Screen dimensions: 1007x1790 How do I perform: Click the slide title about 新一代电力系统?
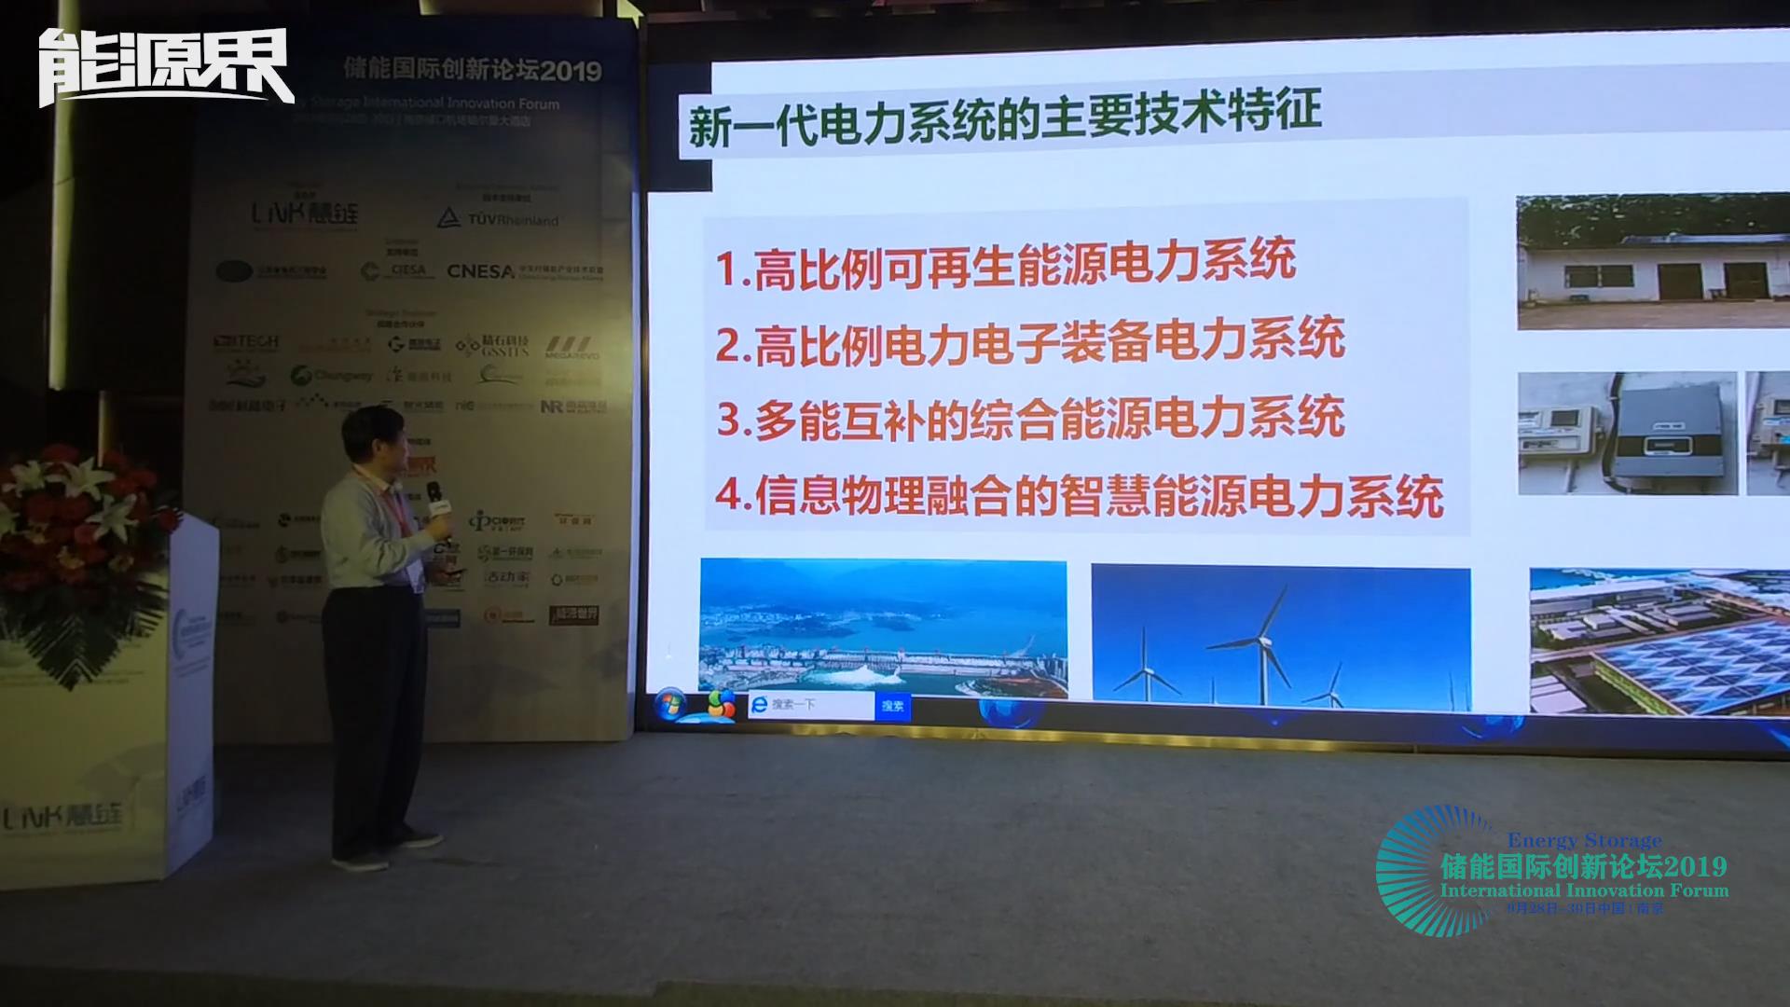coord(1004,120)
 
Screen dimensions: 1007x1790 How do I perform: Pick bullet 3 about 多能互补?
coord(1029,419)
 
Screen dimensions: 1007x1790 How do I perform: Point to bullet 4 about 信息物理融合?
coord(1079,496)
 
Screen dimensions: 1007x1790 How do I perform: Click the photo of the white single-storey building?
coord(1652,262)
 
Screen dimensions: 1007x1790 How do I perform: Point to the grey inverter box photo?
coord(1628,433)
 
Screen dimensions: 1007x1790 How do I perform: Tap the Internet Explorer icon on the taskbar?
coord(759,706)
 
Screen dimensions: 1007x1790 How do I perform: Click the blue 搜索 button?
coord(892,706)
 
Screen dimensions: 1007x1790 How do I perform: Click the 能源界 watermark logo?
coord(166,67)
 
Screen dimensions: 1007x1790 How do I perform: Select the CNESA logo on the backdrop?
coord(480,271)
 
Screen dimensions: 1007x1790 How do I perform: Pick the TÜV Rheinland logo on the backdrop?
coord(499,219)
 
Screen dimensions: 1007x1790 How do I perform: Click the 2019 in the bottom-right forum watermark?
coord(1696,866)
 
